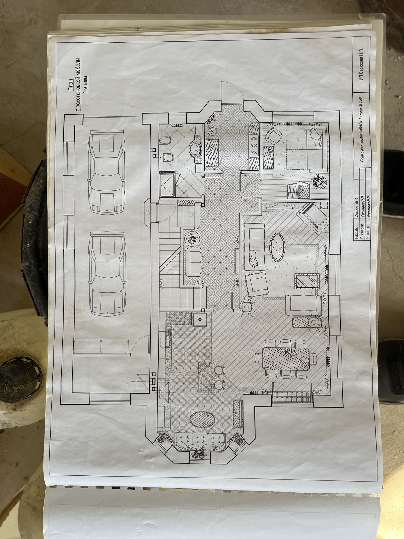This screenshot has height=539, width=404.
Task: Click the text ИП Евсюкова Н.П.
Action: (361, 63)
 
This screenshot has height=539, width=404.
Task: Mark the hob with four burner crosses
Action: (254, 145)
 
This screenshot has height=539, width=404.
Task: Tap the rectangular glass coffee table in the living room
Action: (307, 281)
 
